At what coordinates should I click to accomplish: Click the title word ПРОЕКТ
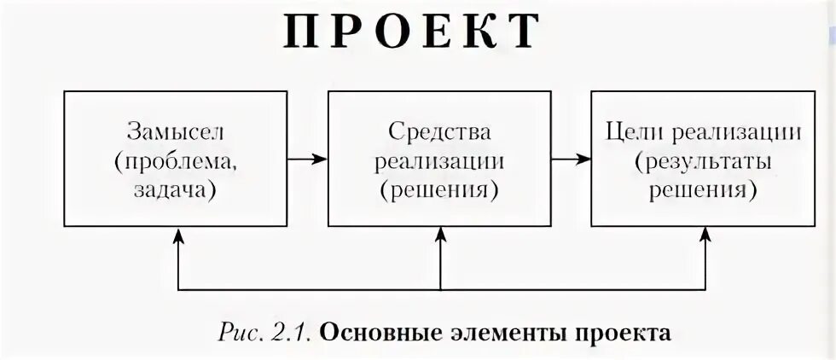tap(411, 32)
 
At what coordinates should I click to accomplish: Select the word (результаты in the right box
tap(702, 160)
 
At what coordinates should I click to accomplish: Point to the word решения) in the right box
tap(702, 189)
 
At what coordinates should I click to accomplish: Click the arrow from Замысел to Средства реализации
tap(307, 159)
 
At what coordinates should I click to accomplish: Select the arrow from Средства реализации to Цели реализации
tap(570, 159)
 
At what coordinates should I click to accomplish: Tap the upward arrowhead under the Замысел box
tap(177, 237)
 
